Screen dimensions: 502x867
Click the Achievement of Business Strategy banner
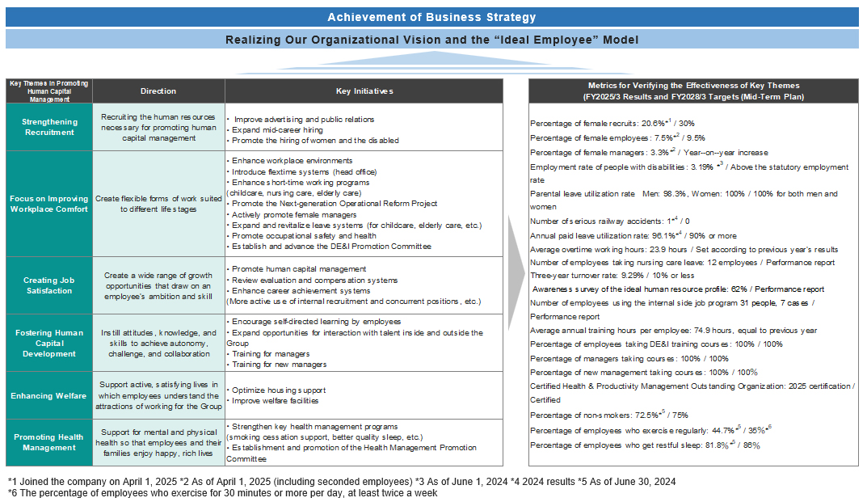tap(431, 17)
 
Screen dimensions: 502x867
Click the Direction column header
tap(158, 91)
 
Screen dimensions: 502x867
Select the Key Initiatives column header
tap(364, 91)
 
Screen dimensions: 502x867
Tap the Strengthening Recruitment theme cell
tap(49, 127)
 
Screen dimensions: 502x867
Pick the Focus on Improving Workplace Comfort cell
tap(49, 204)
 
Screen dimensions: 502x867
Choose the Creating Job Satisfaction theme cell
tap(49, 285)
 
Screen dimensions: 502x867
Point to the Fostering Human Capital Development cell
tap(49, 343)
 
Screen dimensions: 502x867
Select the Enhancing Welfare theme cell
tap(49, 395)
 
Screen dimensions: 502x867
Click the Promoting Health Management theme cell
tap(49, 442)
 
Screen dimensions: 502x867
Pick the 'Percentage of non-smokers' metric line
tap(609, 415)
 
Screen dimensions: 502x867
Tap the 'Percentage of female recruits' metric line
tap(612, 123)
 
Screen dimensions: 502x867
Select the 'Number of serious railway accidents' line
tap(610, 220)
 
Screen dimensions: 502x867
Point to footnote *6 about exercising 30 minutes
tap(222, 492)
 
